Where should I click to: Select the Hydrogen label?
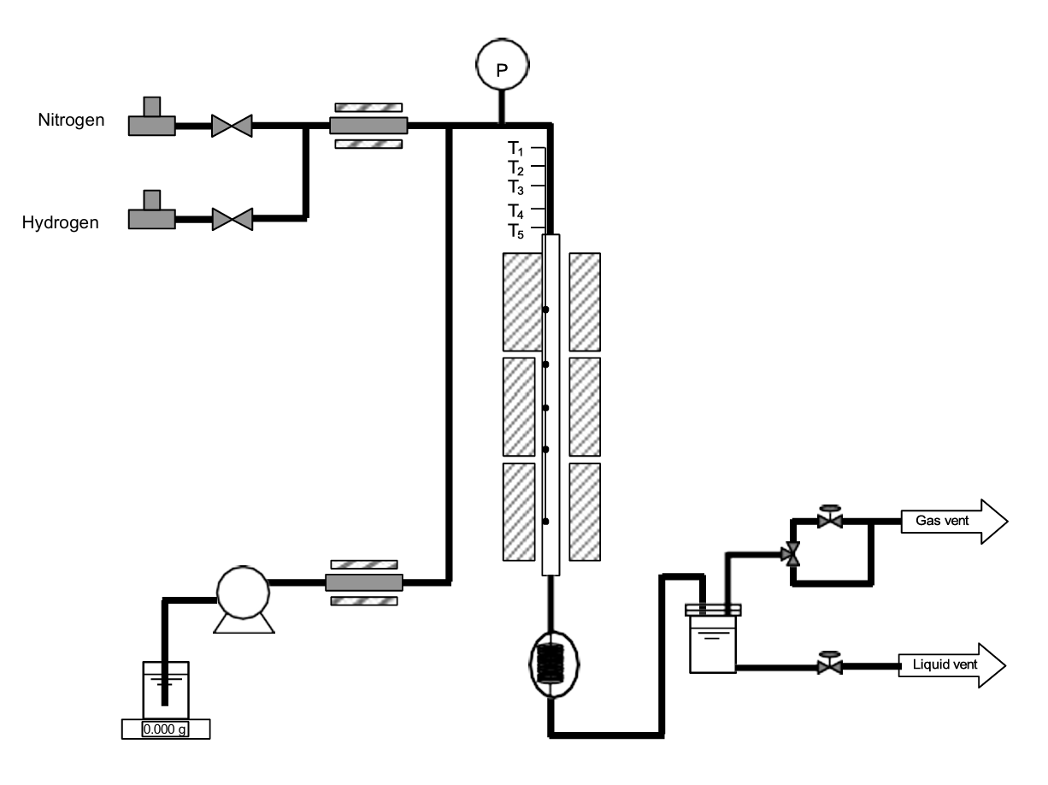pyautogui.click(x=61, y=224)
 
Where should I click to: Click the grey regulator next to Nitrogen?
pyautogui.click(x=151, y=120)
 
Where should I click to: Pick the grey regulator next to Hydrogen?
pyautogui.click(x=151, y=214)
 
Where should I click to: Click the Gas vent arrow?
pyautogui.click(x=954, y=520)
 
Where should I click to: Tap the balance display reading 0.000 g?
pyautogui.click(x=164, y=729)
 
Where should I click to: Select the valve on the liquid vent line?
pyautogui.click(x=827, y=664)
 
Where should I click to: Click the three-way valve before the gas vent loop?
pyautogui.click(x=792, y=554)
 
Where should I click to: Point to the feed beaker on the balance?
pyautogui.click(x=165, y=688)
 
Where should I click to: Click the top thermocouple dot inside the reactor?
pyautogui.click(x=545, y=309)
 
